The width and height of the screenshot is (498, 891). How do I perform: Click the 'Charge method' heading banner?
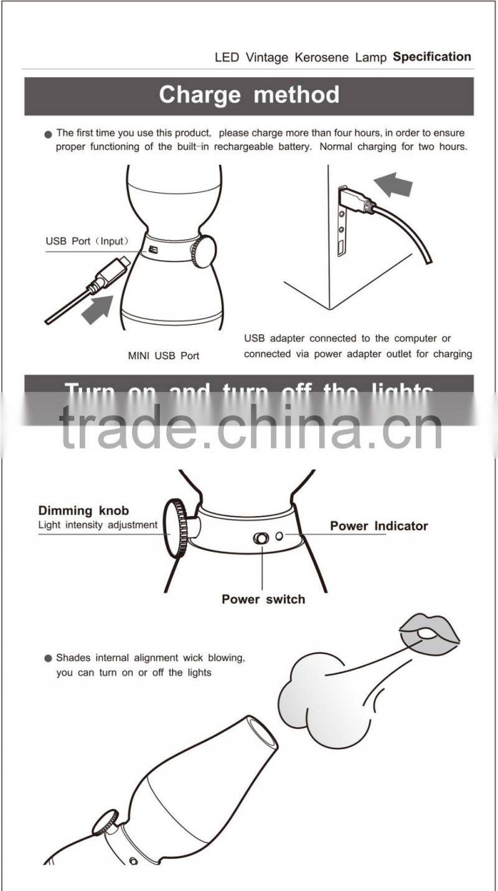249,95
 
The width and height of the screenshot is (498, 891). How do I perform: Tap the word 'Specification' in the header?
431,57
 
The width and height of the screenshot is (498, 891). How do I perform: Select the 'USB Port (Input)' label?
87,241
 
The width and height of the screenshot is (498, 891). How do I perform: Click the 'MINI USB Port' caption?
164,356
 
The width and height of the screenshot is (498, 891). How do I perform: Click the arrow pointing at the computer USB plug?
393,185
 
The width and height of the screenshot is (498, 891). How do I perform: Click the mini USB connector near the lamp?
112,274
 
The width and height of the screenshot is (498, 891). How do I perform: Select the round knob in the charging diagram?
204,251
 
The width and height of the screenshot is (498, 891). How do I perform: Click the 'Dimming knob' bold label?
83,511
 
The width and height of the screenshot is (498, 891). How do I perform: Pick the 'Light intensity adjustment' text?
98,525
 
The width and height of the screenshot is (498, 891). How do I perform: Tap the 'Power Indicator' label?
378,526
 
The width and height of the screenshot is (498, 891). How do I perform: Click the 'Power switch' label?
263,599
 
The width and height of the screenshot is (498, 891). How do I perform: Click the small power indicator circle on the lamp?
280,536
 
